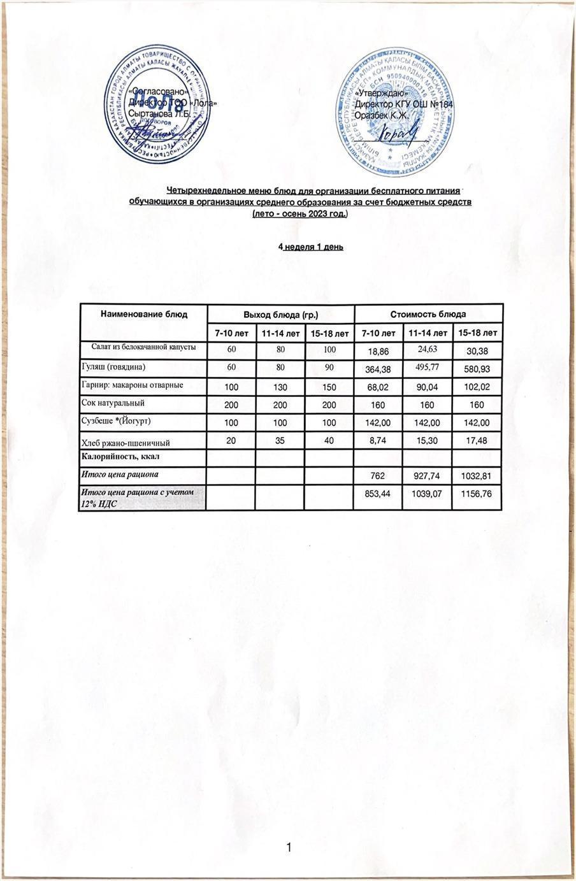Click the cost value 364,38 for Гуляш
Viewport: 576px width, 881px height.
coord(378,369)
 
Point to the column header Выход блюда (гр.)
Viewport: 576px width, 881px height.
coord(281,315)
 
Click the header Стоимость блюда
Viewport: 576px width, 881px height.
coord(428,314)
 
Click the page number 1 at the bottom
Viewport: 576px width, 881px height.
coord(289,847)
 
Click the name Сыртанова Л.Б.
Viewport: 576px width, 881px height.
coord(159,114)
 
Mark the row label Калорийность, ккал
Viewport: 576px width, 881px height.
coord(120,457)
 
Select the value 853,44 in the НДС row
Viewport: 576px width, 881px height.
coord(378,494)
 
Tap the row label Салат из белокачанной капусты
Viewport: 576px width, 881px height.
coord(143,347)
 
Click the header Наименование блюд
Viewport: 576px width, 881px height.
coord(143,314)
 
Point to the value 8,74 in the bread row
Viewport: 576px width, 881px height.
coord(378,440)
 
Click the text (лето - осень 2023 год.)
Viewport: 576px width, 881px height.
coord(300,214)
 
